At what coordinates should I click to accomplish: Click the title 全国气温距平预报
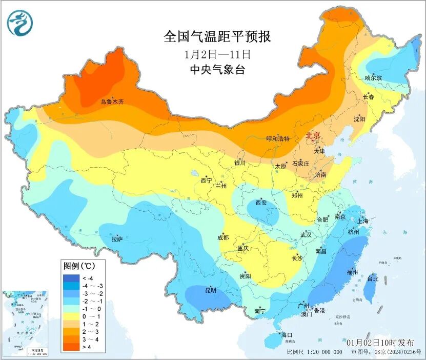pos(217,37)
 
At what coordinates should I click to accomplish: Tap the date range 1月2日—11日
pos(217,53)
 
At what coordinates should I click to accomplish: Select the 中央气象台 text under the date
pos(217,70)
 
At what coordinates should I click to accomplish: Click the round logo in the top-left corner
pos(19,23)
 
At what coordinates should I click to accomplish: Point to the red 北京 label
pos(313,135)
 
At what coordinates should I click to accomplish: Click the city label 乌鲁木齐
pos(112,102)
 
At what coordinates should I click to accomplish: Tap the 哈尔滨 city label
pos(373,78)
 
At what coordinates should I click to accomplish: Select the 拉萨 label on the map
pos(117,239)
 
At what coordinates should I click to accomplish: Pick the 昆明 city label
pos(211,290)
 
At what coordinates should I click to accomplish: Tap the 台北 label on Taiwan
pos(372,279)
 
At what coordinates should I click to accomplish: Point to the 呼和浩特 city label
pos(277,139)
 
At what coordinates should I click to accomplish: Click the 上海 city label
pos(363,221)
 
